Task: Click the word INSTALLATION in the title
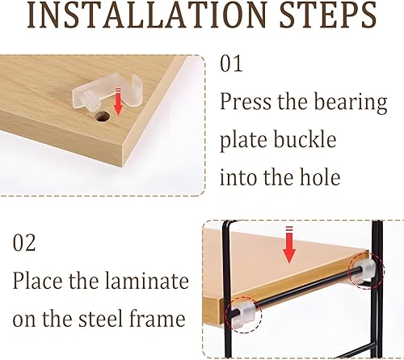pyautogui.click(x=147, y=15)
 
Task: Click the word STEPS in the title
pyautogui.click(x=328, y=15)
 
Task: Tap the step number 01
pyautogui.click(x=231, y=64)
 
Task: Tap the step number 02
pyautogui.click(x=24, y=243)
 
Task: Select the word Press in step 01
pyautogui.click(x=246, y=101)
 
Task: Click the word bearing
pyautogui.click(x=351, y=103)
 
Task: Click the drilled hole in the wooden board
pyautogui.click(x=103, y=116)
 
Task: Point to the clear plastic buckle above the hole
pyautogui.click(x=107, y=94)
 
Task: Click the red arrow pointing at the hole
pyautogui.click(x=118, y=101)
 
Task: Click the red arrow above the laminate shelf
pyautogui.click(x=289, y=245)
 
